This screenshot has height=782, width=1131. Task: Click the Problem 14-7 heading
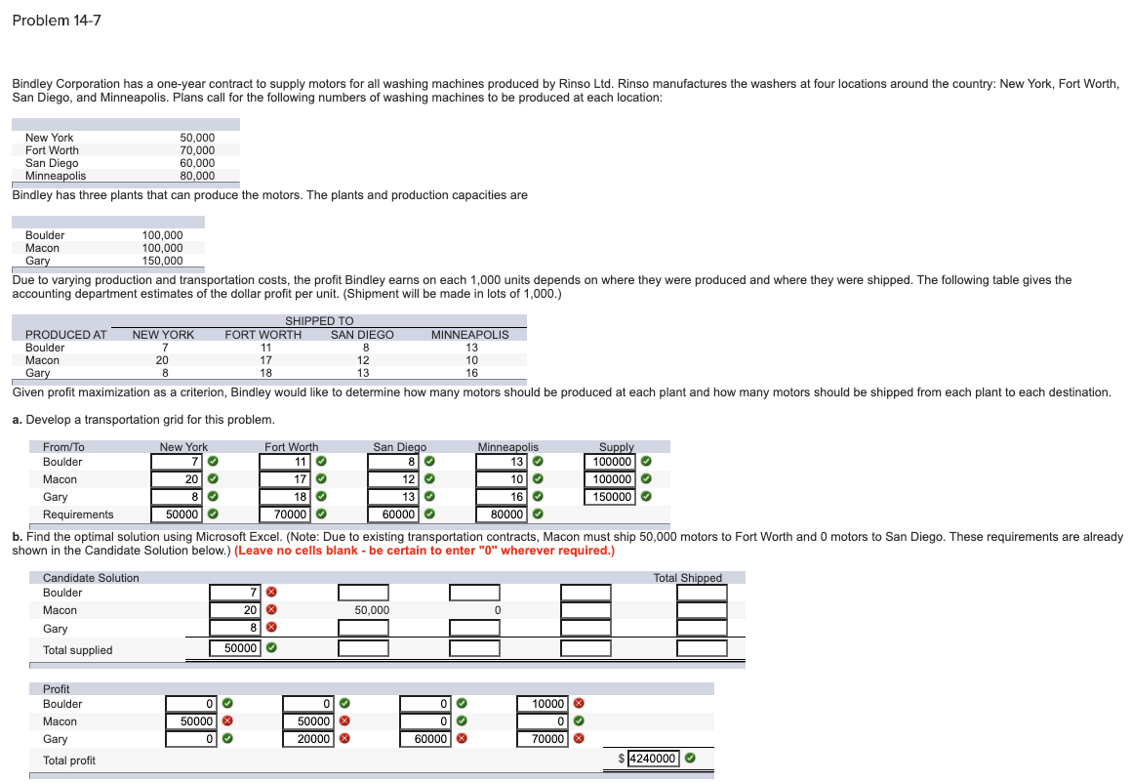click(57, 21)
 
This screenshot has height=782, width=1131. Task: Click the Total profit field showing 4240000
click(653, 759)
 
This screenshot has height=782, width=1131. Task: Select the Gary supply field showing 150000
click(610, 496)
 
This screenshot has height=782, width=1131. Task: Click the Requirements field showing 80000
click(502, 514)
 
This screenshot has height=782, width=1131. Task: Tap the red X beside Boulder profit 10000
click(579, 703)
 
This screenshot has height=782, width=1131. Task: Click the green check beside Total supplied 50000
click(271, 648)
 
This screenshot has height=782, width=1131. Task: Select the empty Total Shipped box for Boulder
click(702, 593)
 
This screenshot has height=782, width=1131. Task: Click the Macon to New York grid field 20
click(177, 479)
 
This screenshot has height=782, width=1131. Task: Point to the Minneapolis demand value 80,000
click(197, 176)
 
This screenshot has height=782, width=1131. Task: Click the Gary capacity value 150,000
click(162, 261)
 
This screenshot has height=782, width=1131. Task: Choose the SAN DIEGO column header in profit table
click(362, 335)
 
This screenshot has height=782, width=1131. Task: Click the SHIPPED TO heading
click(319, 321)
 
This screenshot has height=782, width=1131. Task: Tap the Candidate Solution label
click(91, 578)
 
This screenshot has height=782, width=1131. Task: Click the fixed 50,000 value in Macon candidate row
click(372, 610)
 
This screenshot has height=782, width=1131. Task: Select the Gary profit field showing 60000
click(425, 739)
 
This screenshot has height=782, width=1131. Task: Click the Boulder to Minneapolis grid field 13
click(502, 462)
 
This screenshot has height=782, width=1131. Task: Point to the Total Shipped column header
click(687, 578)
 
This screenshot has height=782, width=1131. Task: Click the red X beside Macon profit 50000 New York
click(227, 720)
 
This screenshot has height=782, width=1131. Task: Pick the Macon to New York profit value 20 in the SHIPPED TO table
click(162, 360)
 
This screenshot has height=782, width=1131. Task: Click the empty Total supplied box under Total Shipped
click(702, 648)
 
